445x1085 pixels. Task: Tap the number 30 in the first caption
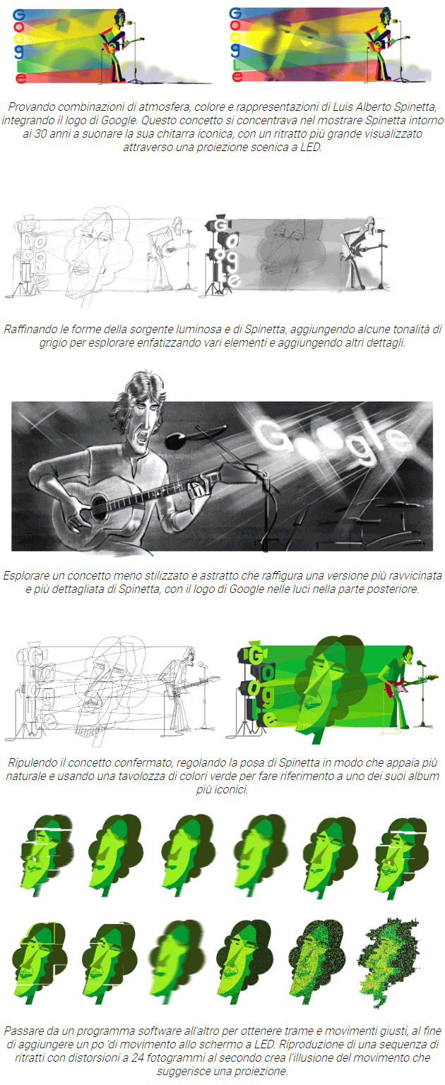[40, 134]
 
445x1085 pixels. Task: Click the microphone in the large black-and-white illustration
[175, 440]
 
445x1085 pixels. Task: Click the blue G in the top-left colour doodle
[19, 15]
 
